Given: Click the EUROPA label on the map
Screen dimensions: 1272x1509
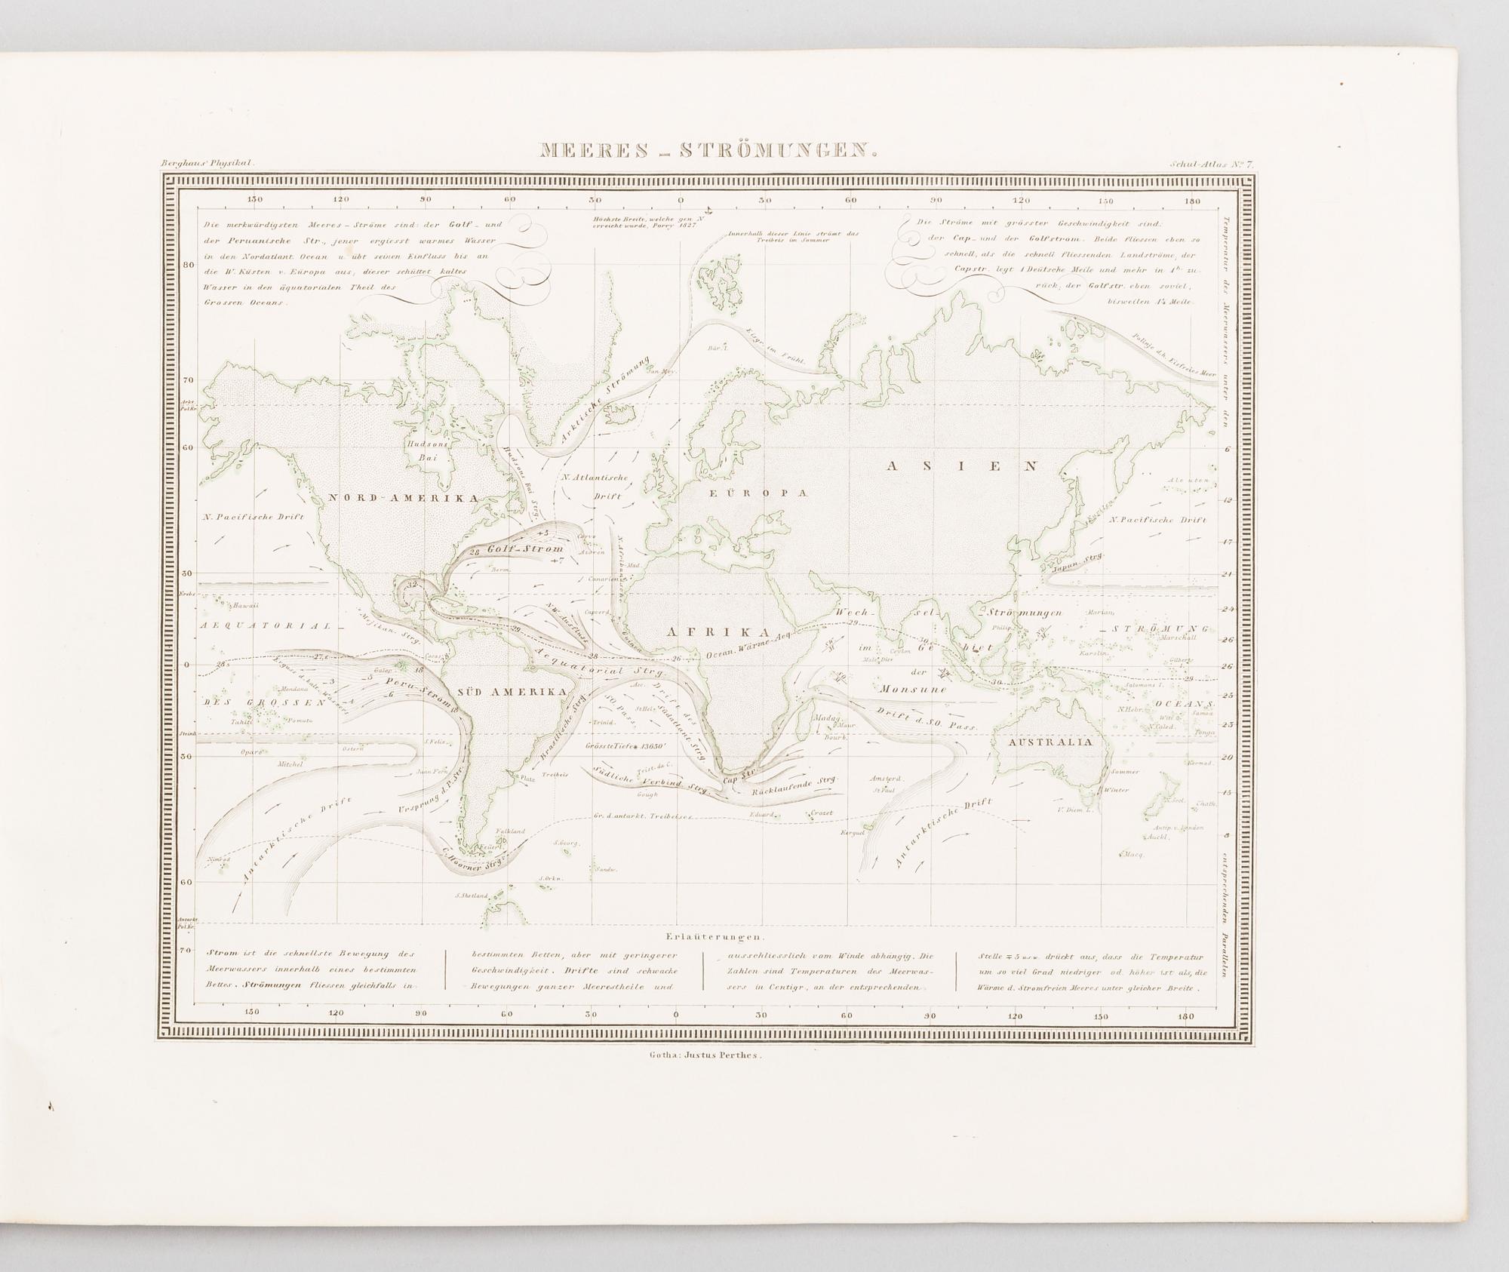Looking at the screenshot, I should click(x=757, y=493).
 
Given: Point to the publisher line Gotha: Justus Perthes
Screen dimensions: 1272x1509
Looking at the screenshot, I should click(x=705, y=1055).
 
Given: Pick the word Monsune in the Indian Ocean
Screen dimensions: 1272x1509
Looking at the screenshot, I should click(x=912, y=690).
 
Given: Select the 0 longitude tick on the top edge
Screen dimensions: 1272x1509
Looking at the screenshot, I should click(x=681, y=200).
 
